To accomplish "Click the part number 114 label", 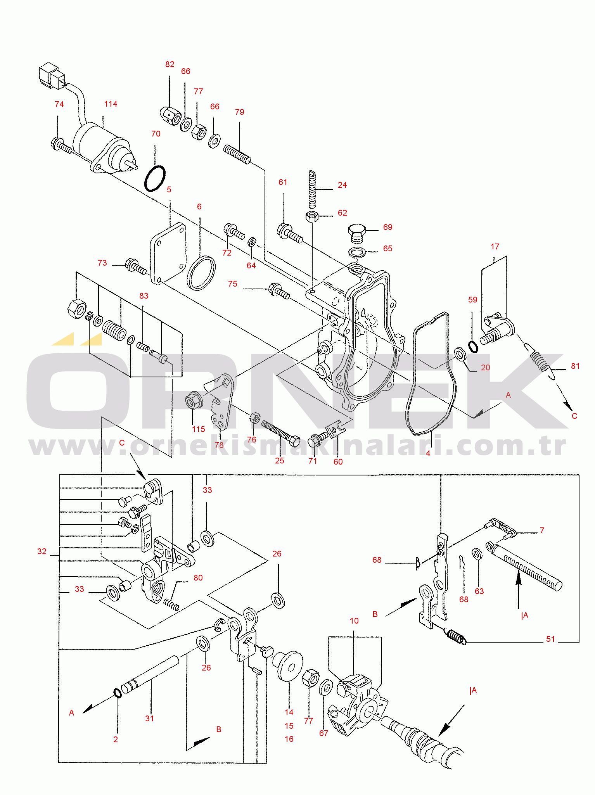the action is click(111, 104).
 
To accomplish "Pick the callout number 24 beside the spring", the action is click(342, 185).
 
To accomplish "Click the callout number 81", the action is click(575, 366).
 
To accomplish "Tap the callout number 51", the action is click(550, 639).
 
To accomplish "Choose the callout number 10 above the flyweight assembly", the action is click(354, 621).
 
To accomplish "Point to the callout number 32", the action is click(42, 551).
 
